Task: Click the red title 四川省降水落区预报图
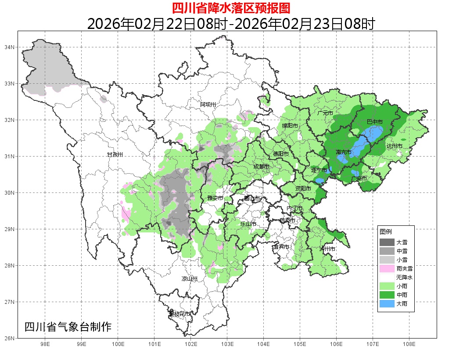(x=231, y=8)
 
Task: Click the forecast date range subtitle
(x=231, y=24)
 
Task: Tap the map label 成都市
(x=261, y=167)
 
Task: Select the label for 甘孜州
(x=115, y=155)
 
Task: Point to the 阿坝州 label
(x=208, y=104)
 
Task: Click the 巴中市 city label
(x=374, y=121)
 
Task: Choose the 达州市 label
(x=394, y=146)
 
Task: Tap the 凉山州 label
(x=190, y=279)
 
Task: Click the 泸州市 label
(x=327, y=249)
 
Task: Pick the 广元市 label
(x=325, y=113)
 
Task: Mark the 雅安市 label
(x=215, y=198)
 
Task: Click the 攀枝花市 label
(x=180, y=314)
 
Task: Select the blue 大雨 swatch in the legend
(x=387, y=303)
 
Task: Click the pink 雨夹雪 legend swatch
(x=387, y=268)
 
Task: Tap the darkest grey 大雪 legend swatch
(x=387, y=242)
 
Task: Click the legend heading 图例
(x=386, y=232)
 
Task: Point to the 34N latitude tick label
(x=10, y=47)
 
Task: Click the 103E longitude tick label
(x=227, y=344)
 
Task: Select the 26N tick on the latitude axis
(x=10, y=338)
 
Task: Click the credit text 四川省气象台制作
(x=68, y=327)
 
